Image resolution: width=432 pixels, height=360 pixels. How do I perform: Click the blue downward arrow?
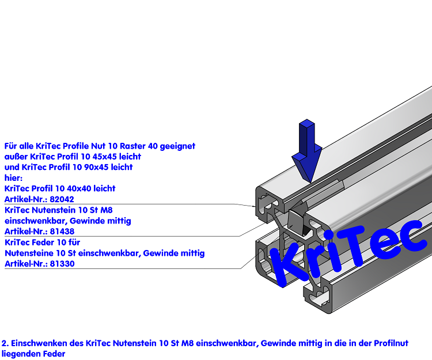pyautogui.click(x=306, y=150)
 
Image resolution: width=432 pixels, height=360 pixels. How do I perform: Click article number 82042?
pyautogui.click(x=62, y=199)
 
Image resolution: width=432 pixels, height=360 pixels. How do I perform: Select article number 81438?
pyautogui.click(x=62, y=232)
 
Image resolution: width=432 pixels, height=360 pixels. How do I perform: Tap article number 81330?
pyautogui.click(x=62, y=264)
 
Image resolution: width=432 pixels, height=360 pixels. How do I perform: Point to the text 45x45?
pyautogui.click(x=105, y=157)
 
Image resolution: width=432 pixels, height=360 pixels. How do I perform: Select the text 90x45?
pyautogui.click(x=96, y=167)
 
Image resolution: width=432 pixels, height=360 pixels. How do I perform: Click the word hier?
pyautogui.click(x=13, y=177)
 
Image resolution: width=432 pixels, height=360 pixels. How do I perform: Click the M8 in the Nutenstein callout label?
pyautogui.click(x=107, y=210)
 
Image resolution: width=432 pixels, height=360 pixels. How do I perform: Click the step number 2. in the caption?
pyautogui.click(x=5, y=343)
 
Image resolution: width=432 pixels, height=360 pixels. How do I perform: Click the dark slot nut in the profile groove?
pyautogui.click(x=299, y=221)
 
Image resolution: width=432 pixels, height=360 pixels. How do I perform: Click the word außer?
pyautogui.click(x=16, y=157)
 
